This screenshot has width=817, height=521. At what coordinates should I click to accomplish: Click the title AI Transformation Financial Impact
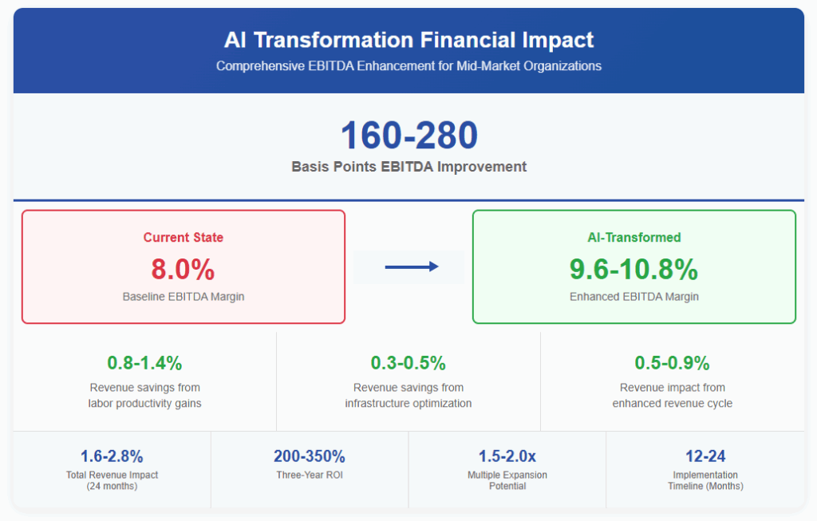point(408,40)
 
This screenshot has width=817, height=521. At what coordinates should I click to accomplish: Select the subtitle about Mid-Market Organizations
point(408,66)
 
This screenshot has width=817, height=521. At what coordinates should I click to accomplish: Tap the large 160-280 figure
point(409,136)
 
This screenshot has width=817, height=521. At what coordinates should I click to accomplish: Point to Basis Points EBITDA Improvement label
point(409,167)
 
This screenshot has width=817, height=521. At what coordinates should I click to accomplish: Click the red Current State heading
point(184,238)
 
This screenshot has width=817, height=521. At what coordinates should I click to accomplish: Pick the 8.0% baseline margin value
point(184,270)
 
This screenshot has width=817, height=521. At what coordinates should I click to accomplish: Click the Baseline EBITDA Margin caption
point(184,297)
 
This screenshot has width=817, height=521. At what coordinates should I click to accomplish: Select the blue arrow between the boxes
point(412,266)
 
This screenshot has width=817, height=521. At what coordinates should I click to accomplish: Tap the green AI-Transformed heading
point(634,238)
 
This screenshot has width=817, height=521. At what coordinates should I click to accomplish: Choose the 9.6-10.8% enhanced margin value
point(634,270)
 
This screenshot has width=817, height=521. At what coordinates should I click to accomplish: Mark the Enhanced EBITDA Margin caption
point(634,297)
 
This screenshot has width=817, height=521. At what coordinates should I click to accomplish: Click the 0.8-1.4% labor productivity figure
point(144,363)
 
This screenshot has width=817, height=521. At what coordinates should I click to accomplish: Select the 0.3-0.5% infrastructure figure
point(408,363)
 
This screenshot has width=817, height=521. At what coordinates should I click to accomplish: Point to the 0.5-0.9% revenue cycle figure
point(672,363)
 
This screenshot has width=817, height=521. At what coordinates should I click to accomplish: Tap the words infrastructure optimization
point(408,403)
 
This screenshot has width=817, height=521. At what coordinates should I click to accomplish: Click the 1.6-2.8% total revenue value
point(112,456)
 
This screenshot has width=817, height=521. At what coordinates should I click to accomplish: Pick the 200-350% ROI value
point(310,456)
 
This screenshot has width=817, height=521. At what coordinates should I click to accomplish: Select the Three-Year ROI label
point(310,476)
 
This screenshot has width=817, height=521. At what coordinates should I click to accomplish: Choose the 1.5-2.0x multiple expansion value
point(507,456)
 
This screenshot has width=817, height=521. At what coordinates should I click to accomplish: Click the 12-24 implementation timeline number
point(705,456)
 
